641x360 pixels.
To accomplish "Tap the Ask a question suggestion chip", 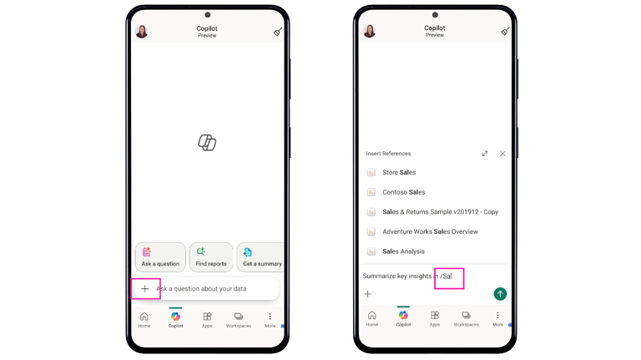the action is [x=160, y=257].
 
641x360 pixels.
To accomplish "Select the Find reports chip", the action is [x=211, y=257].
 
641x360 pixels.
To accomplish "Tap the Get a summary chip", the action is [x=260, y=257].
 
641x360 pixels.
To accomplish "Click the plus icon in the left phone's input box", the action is [x=144, y=289].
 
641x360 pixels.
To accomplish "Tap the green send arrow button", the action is [x=500, y=294].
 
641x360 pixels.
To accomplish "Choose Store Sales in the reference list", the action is [x=399, y=173].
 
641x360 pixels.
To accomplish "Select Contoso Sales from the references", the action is [x=403, y=192].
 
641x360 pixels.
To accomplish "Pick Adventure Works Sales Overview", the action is [x=430, y=231].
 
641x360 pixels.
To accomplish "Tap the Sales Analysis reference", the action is [x=403, y=251].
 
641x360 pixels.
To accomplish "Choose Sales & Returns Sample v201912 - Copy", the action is [x=441, y=212].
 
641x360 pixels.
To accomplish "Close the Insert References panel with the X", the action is [x=502, y=154].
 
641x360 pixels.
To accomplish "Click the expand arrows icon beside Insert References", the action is [x=484, y=154].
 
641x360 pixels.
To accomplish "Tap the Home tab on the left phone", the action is [x=144, y=320].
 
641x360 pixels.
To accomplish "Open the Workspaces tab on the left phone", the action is [x=239, y=320].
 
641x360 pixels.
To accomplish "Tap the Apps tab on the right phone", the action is [x=435, y=318].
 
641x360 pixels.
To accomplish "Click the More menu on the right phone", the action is [x=497, y=318].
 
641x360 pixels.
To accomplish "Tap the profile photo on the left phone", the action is [x=142, y=32].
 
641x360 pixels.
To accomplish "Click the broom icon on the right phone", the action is [x=506, y=31].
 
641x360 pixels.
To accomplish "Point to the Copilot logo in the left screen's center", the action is [x=207, y=142].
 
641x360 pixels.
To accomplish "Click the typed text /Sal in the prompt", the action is [x=446, y=276].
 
